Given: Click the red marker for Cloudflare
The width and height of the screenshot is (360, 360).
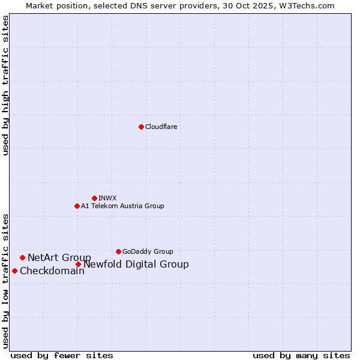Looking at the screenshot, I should coord(141,127).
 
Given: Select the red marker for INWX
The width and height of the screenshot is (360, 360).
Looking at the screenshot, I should coord(94,198).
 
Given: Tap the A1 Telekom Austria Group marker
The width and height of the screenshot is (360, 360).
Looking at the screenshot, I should coord(77,206).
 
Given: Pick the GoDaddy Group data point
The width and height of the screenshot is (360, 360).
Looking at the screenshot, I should coord(118,251).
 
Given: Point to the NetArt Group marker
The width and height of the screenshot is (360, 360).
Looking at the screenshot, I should coord(22,257).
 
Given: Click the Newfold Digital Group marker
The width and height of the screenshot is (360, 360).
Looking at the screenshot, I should coord(78,264).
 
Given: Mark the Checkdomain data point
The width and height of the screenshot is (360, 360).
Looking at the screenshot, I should coord(14,271).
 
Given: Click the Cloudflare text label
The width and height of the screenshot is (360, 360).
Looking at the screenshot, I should coord(161,127).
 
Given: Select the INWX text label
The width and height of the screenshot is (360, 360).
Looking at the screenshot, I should coord(107,198).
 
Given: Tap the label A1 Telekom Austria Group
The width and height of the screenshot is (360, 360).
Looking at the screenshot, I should coord(122,206).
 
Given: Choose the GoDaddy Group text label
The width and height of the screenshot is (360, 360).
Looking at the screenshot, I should coord(148,251).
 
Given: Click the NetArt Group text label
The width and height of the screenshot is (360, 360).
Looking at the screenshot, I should coord(59,257).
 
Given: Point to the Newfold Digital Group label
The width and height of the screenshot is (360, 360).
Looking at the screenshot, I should coord(136,264).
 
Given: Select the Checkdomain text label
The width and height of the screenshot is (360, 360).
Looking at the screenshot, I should coord(52,271).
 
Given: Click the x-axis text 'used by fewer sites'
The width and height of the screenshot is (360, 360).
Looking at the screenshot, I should coord(62,355).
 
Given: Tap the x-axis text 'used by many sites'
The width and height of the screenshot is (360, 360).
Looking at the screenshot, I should coord(301,355).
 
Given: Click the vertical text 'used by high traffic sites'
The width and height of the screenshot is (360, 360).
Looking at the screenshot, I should coord(5,85).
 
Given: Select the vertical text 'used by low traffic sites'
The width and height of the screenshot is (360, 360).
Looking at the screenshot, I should coord(5,281).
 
